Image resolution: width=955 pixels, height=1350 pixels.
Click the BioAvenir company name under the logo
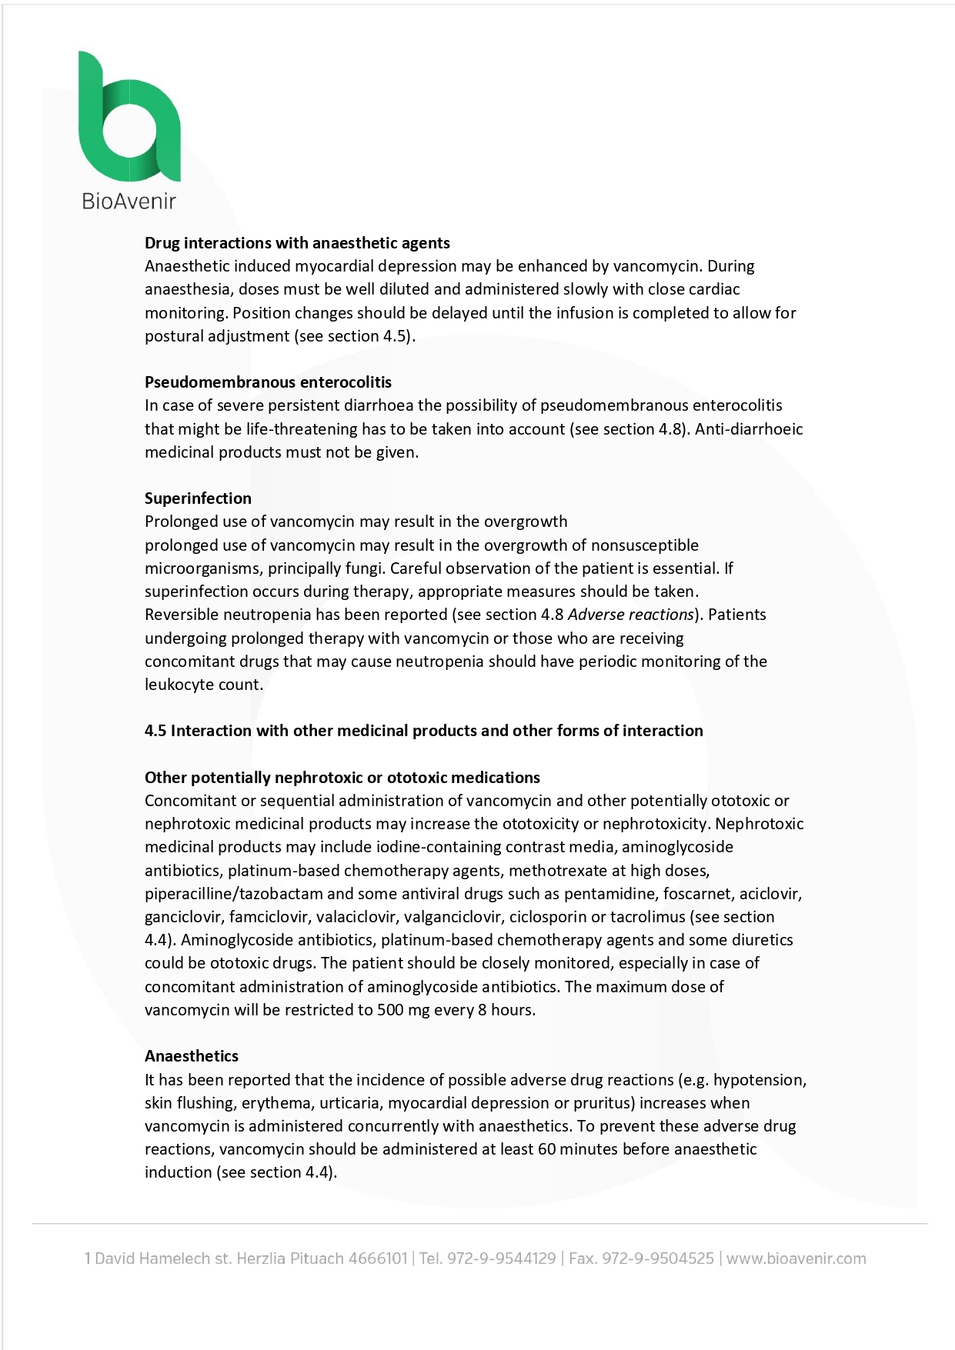point(129,202)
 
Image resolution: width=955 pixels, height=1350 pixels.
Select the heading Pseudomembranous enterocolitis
point(268,382)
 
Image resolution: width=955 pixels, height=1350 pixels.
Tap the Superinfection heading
point(198,498)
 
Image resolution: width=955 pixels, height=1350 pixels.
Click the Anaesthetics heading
point(192,1056)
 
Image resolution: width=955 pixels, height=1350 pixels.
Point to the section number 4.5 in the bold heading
point(155,731)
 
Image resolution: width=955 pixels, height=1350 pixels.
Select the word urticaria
point(350,1103)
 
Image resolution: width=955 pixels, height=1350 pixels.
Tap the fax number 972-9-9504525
point(658,1259)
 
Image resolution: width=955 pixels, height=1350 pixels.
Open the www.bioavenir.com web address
point(796,1259)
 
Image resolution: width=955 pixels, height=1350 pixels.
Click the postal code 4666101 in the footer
point(378,1259)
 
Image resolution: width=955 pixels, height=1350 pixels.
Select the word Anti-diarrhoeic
point(749,429)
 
